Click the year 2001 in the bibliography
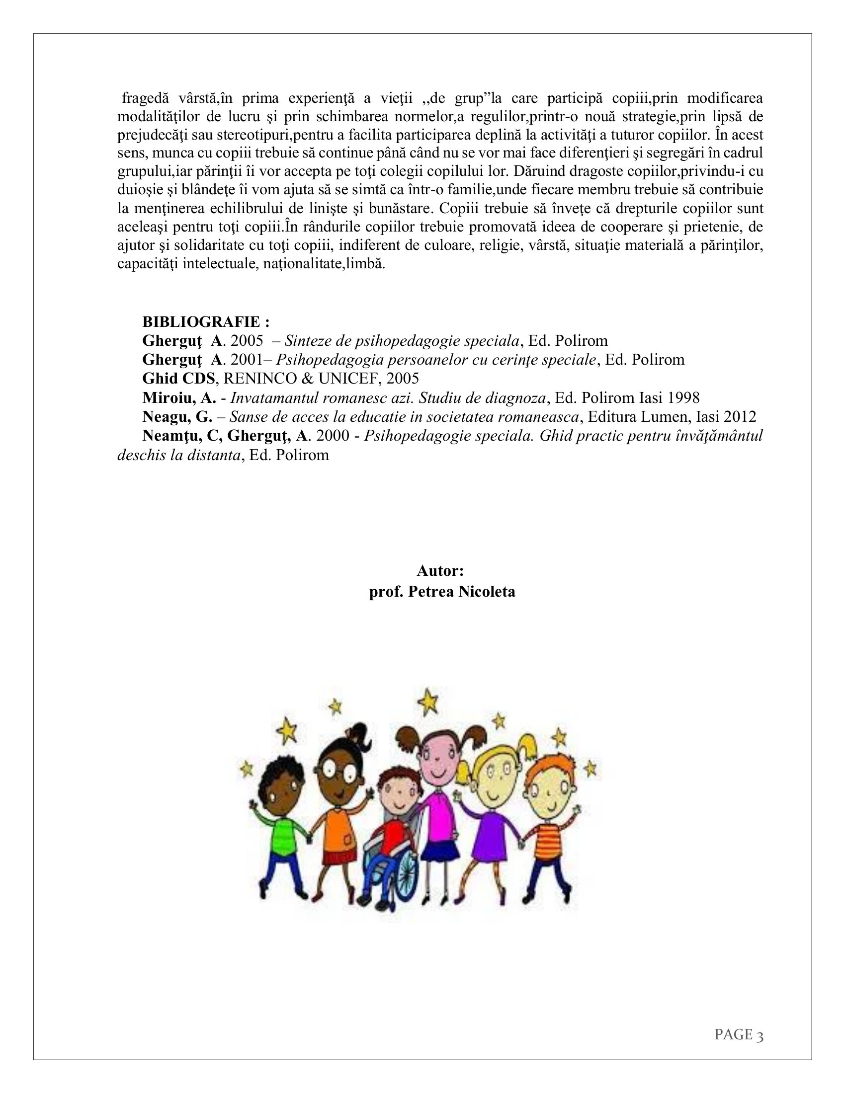point(246,360)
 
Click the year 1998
point(682,398)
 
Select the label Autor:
point(440,571)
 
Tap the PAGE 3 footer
point(738,1034)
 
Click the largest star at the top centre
point(428,701)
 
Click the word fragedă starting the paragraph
point(146,98)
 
